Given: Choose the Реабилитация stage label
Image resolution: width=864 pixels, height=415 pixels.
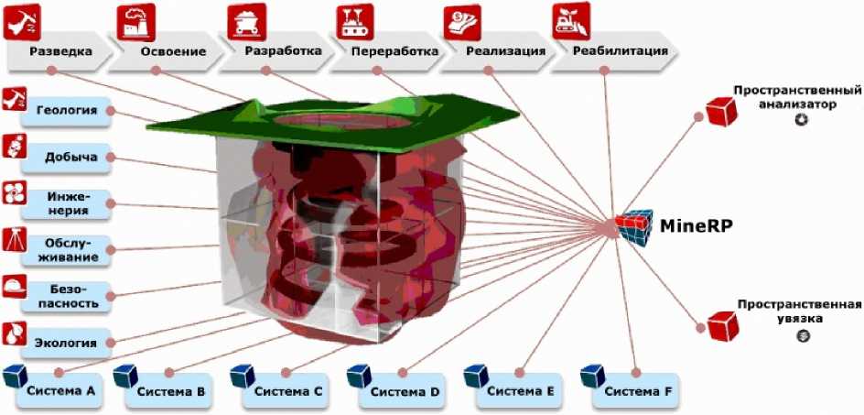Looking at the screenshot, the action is pyautogui.click(x=620, y=50).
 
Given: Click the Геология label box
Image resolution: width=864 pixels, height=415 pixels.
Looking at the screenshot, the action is pyautogui.click(x=67, y=111).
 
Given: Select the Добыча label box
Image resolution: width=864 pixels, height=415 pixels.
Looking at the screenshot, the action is pyautogui.click(x=67, y=158).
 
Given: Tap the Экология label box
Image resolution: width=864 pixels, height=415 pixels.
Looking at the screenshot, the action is pyautogui.click(x=67, y=343).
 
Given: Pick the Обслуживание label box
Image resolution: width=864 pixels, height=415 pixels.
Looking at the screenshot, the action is pyautogui.click(x=67, y=249).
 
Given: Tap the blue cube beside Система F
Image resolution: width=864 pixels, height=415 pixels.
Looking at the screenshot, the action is pyautogui.click(x=590, y=377).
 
